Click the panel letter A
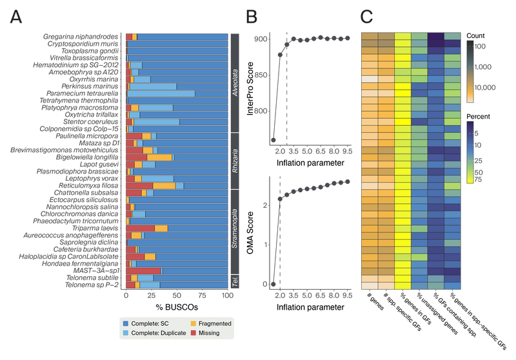16,19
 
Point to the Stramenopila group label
235,230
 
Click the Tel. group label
235,281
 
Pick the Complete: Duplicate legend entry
154,333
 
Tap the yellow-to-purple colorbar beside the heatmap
470,151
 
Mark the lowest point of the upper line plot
273,139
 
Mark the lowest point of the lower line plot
273,283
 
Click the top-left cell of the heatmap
369,35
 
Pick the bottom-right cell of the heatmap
452,285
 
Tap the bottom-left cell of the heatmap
369,285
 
